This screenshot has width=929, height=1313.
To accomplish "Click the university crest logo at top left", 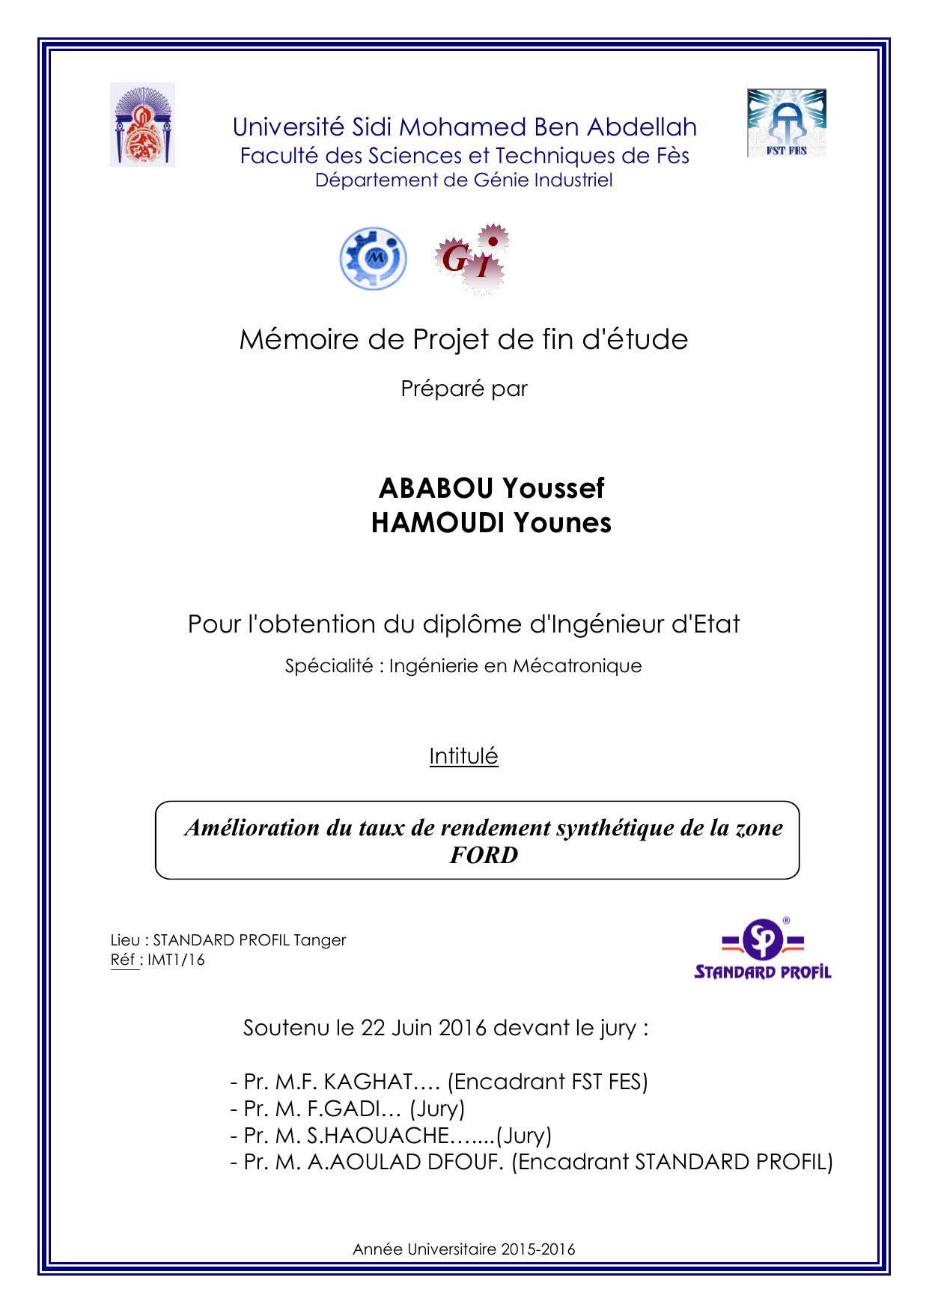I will (142, 125).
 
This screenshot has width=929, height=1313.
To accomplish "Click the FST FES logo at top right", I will (786, 123).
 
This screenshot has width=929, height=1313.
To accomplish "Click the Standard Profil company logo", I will (763, 949).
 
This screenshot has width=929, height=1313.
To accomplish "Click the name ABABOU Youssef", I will (491, 488).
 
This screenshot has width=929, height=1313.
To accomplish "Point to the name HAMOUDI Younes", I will (491, 523).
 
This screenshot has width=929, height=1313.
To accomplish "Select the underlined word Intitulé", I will (463, 756).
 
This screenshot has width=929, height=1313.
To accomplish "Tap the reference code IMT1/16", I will (176, 960).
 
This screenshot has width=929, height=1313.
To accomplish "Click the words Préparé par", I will (464, 389).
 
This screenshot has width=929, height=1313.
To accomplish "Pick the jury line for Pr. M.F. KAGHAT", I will (439, 1082).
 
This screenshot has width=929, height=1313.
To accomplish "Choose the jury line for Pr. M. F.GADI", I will (347, 1109).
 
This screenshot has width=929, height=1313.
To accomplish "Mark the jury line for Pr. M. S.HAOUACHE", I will (391, 1136).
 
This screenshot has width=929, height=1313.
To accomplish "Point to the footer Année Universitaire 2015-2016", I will (463, 1249).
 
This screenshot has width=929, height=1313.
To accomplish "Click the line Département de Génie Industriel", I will (463, 180).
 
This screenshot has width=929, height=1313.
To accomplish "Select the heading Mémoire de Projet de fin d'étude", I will (463, 340).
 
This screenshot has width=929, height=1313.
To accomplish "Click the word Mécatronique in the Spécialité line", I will (576, 665).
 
